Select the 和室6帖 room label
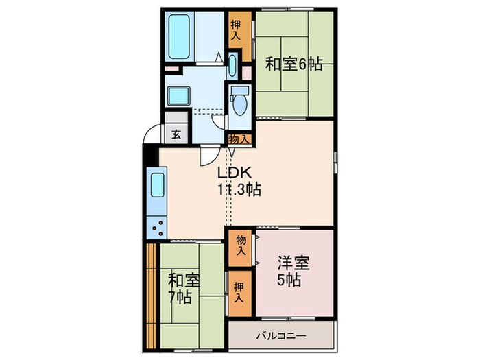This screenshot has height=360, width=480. coord(293,64)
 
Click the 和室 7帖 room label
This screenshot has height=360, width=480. coord(183,288)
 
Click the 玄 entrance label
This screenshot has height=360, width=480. coord(176,134)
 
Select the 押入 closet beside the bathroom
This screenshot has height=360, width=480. coord(236,30)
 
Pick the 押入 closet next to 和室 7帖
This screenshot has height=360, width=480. coord(239,293)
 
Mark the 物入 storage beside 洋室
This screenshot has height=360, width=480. coord(241,245)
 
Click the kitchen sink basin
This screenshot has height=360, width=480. coord(157,187)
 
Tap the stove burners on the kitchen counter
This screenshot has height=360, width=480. coord(156,226)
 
